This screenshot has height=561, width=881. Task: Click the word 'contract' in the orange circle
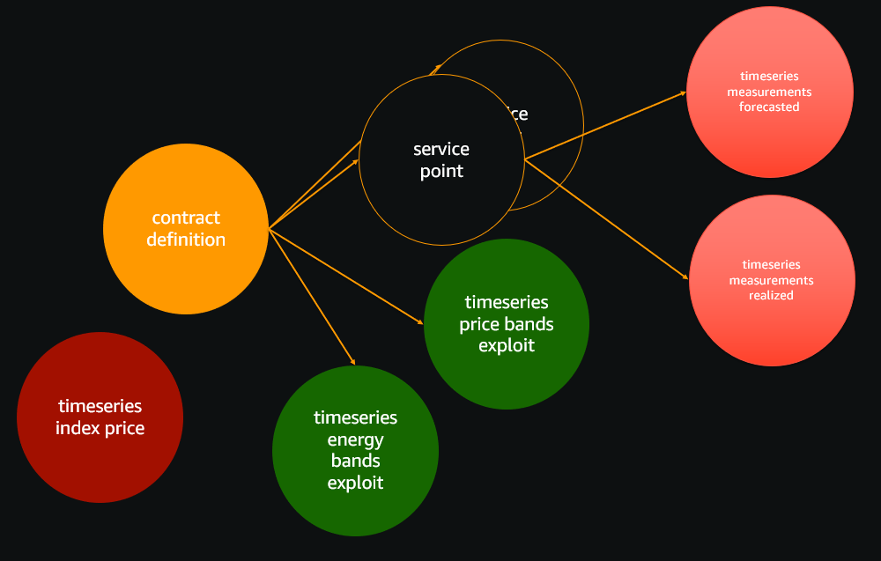[x=186, y=218]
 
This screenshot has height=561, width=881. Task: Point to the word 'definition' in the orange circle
[x=186, y=240]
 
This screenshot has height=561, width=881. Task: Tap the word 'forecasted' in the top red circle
[x=769, y=107]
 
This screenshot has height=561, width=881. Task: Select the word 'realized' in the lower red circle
[x=772, y=295]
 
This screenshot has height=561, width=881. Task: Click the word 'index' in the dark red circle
[x=75, y=429]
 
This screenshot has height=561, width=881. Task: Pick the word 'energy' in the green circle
[x=355, y=439]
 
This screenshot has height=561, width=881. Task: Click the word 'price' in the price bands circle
[x=480, y=324]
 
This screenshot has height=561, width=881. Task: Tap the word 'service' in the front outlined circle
[x=441, y=149]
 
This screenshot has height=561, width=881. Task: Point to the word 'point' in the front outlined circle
[x=441, y=172]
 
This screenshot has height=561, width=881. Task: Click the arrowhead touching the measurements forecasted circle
[x=684, y=92]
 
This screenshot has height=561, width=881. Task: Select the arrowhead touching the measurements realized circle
[x=686, y=278]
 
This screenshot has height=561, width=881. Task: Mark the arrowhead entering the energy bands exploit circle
[x=353, y=362]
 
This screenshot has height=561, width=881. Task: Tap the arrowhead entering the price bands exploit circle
[x=422, y=323]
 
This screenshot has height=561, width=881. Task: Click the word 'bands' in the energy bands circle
[x=355, y=461]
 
